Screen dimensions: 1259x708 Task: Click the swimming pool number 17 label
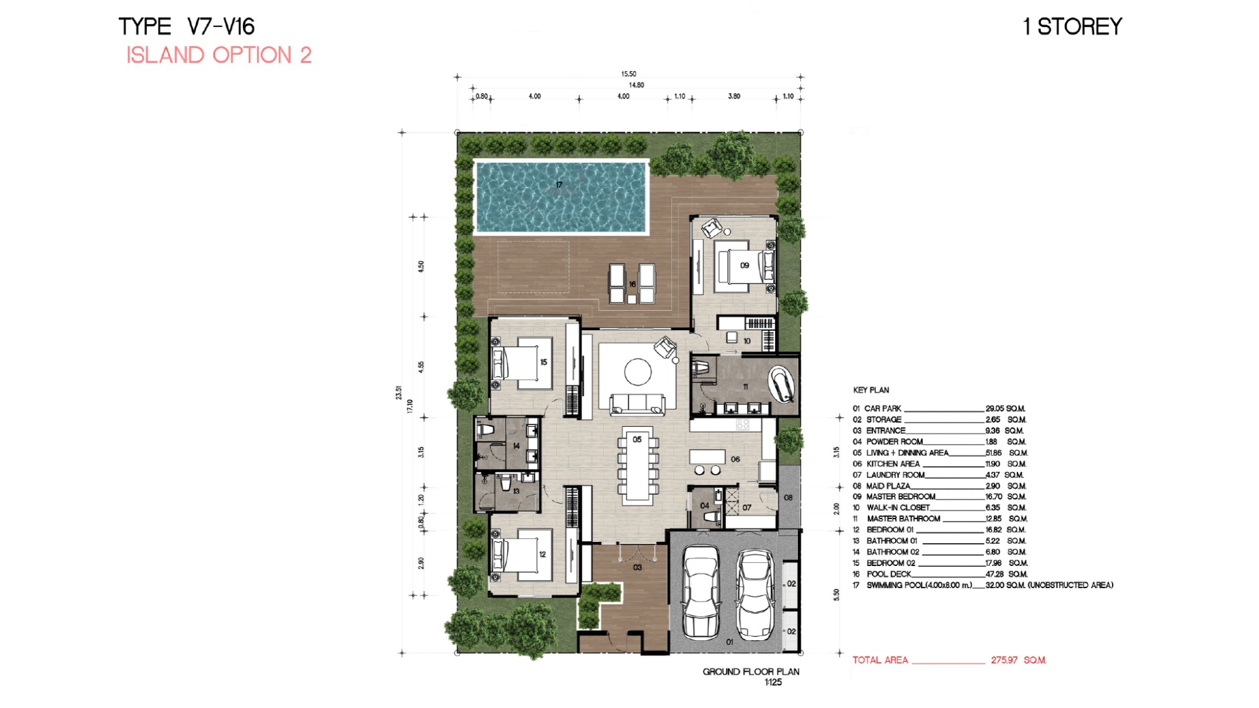[559, 185]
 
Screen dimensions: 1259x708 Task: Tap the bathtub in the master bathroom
[781, 384]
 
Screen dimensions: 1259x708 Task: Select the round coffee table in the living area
[637, 372]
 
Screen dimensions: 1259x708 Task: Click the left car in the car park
[701, 592]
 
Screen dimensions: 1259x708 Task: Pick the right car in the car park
[756, 595]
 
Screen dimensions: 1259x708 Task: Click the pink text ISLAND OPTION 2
[219, 55]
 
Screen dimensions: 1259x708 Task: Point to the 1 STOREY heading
[1073, 26]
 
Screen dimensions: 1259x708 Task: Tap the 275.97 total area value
[1004, 660]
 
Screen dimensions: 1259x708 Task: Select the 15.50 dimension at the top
[628, 74]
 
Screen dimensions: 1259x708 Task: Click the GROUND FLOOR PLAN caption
[751, 672]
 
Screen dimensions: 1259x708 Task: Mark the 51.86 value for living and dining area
[993, 453]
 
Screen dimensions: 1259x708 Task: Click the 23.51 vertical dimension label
[399, 392]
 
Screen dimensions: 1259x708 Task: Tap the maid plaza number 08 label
[788, 498]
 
